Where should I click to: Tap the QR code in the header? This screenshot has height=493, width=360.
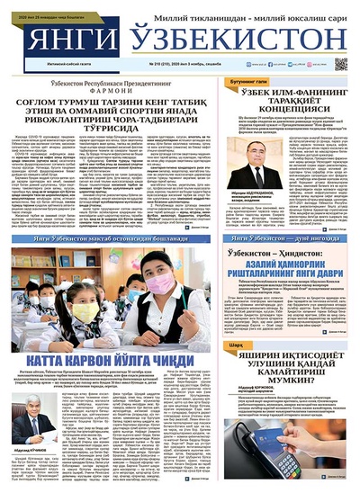click(x=341, y=63)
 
